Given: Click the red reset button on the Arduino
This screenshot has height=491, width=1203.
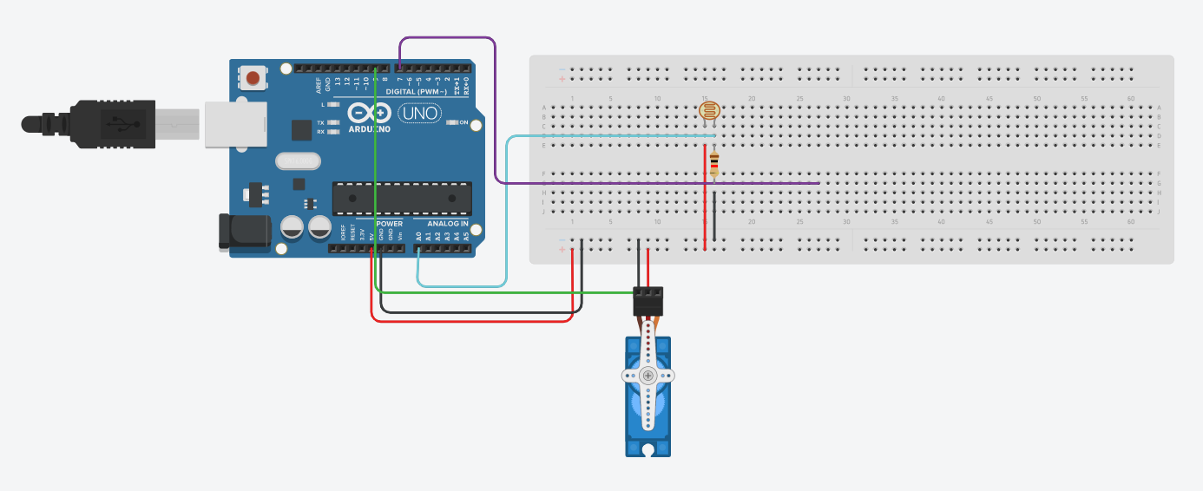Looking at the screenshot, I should click(253, 79).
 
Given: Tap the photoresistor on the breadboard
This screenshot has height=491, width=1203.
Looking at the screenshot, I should click(709, 111).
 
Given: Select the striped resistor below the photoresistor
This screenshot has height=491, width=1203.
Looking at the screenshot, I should click(714, 163).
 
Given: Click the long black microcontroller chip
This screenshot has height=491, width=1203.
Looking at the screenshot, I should click(402, 198).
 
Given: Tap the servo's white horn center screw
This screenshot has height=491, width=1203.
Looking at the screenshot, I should click(648, 376).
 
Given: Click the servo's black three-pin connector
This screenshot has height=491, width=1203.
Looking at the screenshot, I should click(648, 301).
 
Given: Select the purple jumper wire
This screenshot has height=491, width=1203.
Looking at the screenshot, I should click(495, 113).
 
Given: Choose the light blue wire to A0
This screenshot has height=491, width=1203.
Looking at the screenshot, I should click(507, 217).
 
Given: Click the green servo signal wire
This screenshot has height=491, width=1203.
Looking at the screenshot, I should click(503, 292).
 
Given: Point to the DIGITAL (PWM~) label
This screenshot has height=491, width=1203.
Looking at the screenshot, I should click(417, 91).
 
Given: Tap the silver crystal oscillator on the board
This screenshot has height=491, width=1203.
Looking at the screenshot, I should click(298, 161).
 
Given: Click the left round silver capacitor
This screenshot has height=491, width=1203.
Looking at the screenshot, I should click(293, 227).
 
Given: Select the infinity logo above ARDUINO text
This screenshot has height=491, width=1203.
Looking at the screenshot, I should click(370, 113).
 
